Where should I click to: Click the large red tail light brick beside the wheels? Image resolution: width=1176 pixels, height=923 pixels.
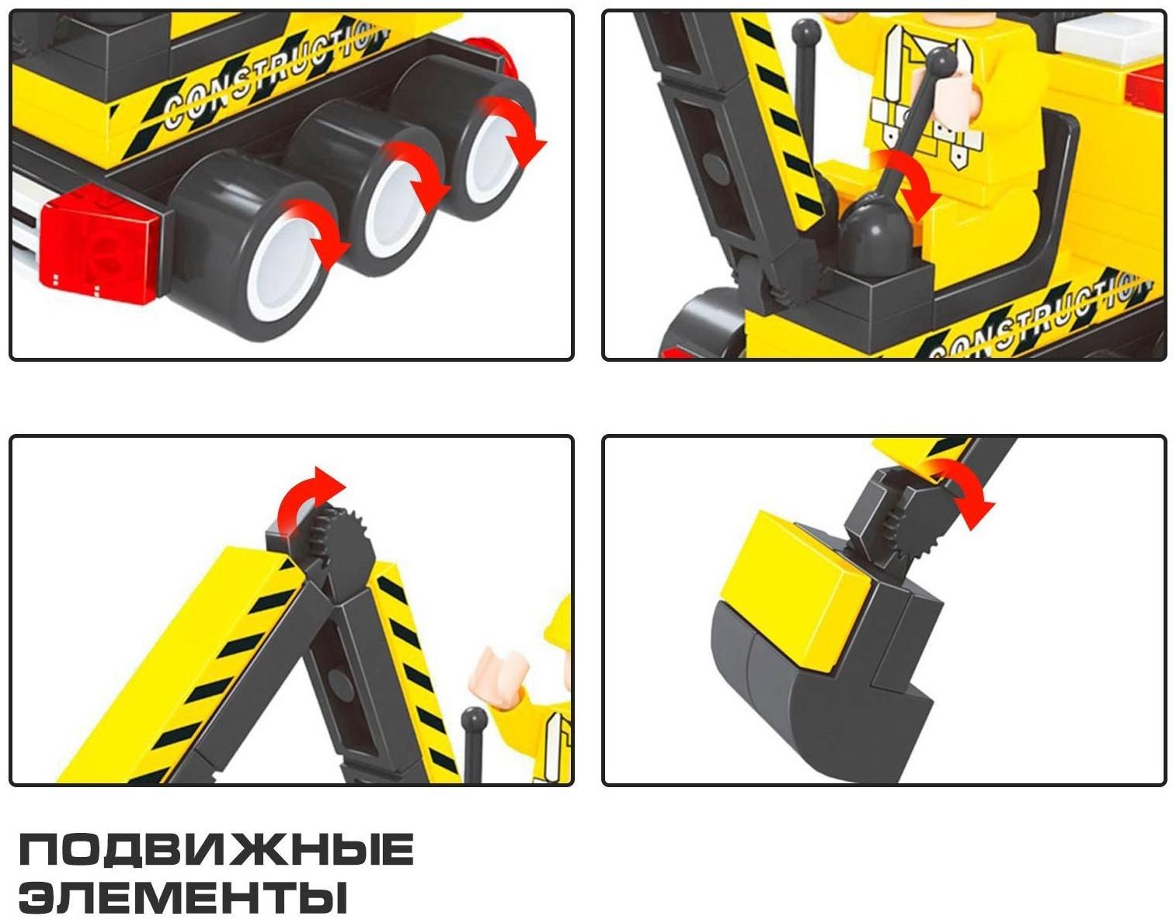coord(99,244)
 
